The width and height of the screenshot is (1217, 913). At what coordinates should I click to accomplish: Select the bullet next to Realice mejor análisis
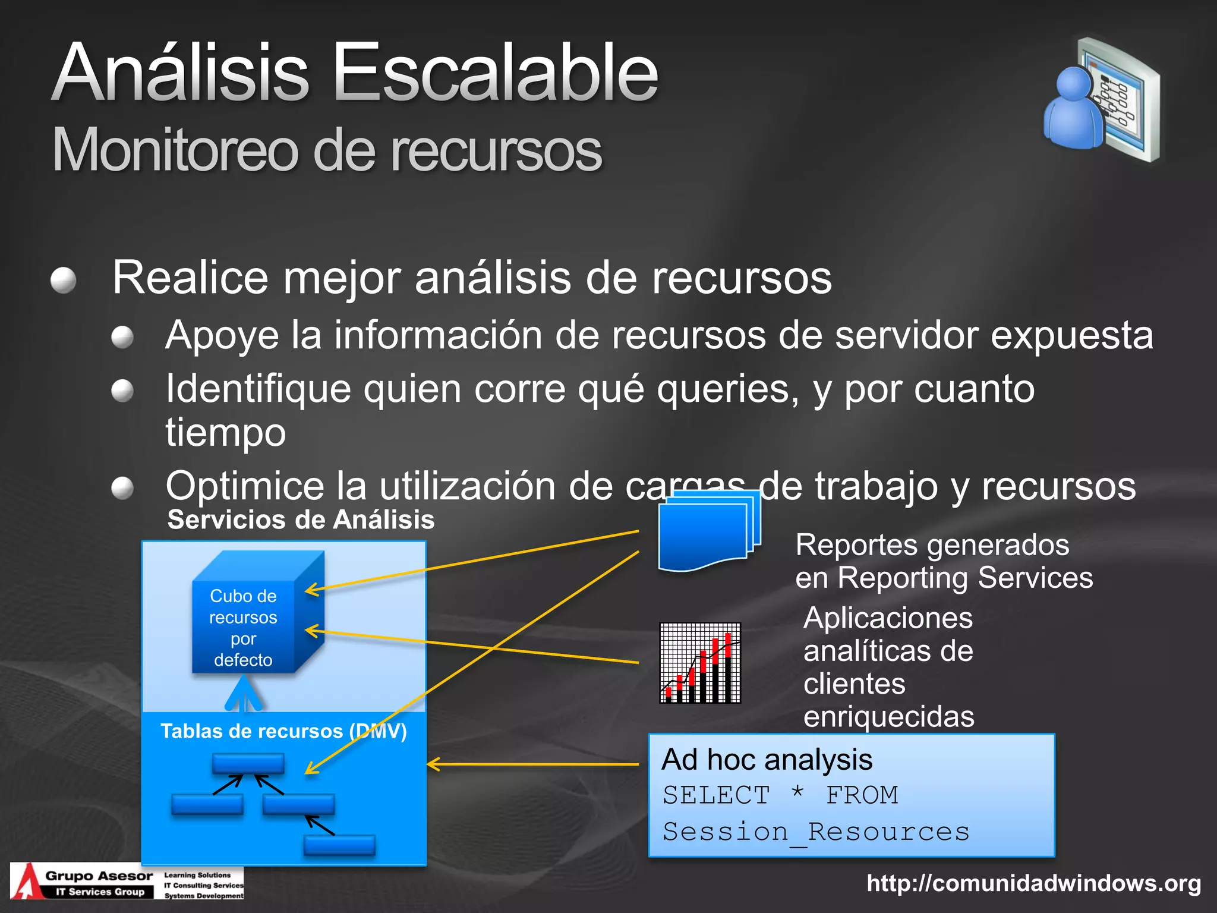(64, 280)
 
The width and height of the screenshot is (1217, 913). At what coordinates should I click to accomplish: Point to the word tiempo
(226, 433)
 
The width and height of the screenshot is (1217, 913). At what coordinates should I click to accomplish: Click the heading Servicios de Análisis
(301, 520)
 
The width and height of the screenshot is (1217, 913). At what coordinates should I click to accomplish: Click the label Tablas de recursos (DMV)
(283, 731)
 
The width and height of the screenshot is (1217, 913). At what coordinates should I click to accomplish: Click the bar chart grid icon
(700, 663)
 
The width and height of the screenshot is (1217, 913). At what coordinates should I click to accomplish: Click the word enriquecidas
(888, 716)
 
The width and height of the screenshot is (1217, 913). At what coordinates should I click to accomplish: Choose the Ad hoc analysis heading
(767, 760)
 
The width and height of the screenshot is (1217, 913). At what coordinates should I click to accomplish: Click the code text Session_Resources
(815, 832)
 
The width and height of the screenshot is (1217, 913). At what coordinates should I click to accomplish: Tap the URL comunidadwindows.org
(1034, 883)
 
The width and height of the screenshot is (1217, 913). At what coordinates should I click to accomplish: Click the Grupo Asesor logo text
(99, 876)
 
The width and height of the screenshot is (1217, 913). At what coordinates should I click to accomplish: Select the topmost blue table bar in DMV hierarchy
(248, 763)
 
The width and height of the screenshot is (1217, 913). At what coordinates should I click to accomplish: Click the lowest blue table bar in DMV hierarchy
(339, 845)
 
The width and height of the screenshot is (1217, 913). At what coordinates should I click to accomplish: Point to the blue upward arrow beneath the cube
(244, 695)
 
